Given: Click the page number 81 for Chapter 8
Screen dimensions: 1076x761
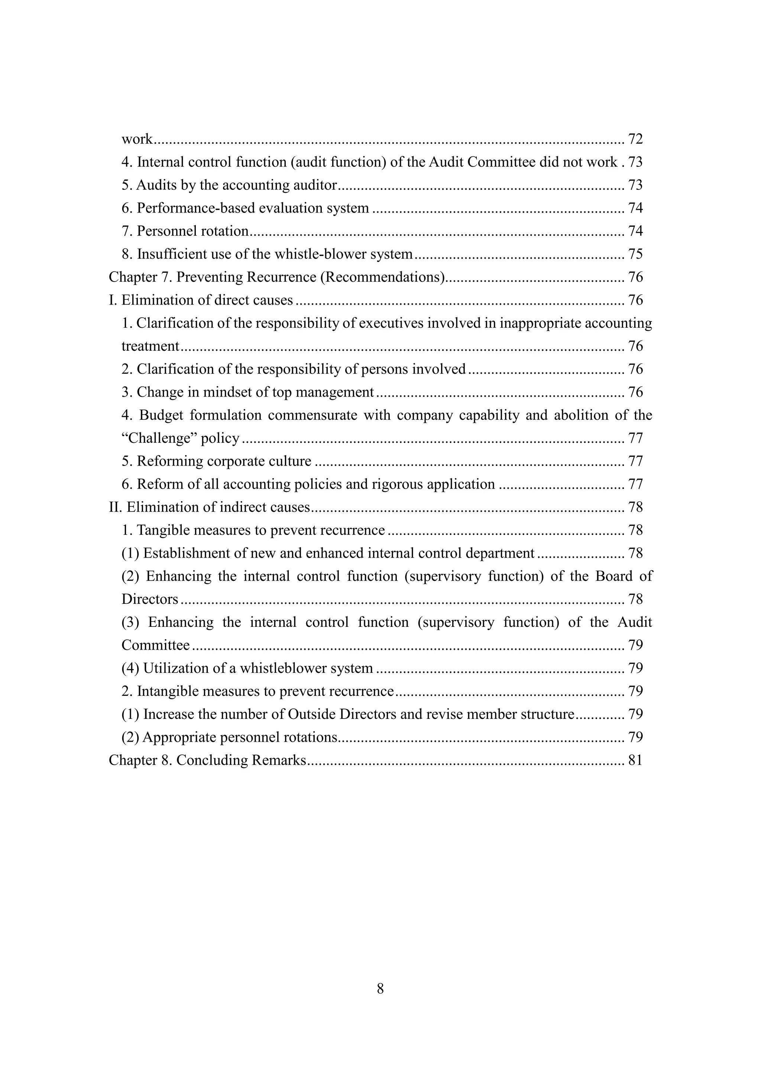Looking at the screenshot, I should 635,760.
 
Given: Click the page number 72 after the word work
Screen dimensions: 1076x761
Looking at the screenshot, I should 635,139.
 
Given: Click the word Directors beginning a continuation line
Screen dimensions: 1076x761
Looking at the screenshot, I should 149,599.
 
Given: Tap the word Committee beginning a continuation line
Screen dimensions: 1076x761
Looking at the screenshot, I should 155,645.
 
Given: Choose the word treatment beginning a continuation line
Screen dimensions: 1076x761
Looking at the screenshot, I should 150,346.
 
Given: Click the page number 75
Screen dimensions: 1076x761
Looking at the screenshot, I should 635,255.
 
